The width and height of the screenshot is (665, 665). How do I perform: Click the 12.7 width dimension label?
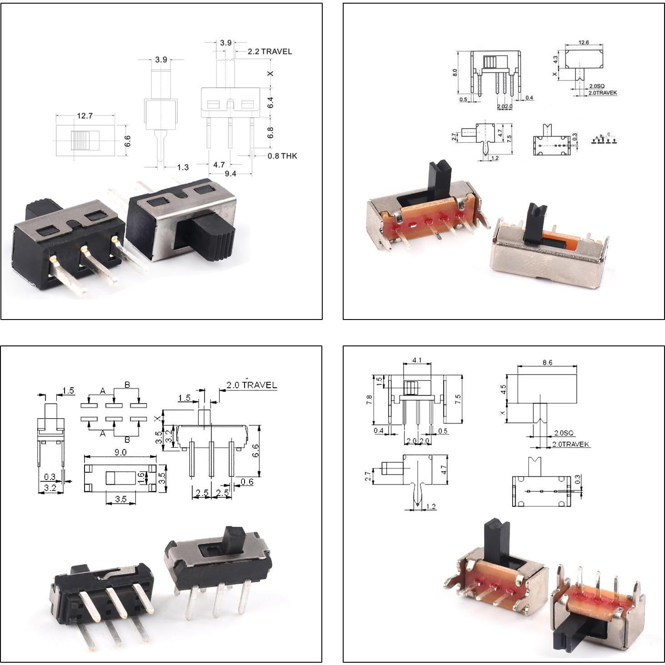pos(85,116)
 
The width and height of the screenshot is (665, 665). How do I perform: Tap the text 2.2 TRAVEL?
pos(270,51)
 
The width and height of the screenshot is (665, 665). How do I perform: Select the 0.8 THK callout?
pos(282,156)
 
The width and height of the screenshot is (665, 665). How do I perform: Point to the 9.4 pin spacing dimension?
pos(230,173)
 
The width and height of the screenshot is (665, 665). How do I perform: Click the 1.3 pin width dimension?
pos(183,167)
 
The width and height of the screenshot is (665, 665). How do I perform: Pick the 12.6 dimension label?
pos(584,42)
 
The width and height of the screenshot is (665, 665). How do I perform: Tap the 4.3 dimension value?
pos(555,60)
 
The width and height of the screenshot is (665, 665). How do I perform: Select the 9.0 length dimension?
pos(120,452)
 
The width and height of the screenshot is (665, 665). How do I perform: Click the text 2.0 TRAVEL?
pos(252,385)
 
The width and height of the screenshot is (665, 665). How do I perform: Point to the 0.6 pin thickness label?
pos(247,482)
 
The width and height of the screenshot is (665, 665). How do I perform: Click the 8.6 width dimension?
pos(547,363)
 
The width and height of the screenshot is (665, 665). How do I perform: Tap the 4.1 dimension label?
pos(417,360)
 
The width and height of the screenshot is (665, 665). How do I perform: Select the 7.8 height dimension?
pos(369,400)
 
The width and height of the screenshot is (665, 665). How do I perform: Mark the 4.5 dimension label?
pos(503,390)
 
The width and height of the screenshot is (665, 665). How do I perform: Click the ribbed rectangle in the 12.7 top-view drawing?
pos(85,140)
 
